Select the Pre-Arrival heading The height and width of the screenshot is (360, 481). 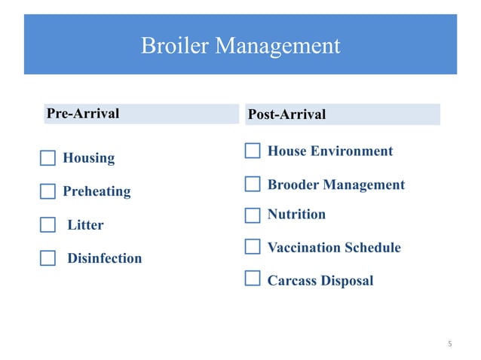83,114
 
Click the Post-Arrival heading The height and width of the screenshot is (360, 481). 287,114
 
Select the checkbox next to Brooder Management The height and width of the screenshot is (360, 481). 253,185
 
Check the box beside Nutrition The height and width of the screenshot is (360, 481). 253,215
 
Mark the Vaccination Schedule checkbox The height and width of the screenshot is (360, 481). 253,248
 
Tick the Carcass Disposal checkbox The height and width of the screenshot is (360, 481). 253,281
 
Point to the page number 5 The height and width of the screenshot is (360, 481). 449,344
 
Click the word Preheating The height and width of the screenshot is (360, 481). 97,191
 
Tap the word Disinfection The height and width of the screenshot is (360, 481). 105,258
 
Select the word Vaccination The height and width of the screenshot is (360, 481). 304,248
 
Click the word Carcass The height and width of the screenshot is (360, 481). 292,281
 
